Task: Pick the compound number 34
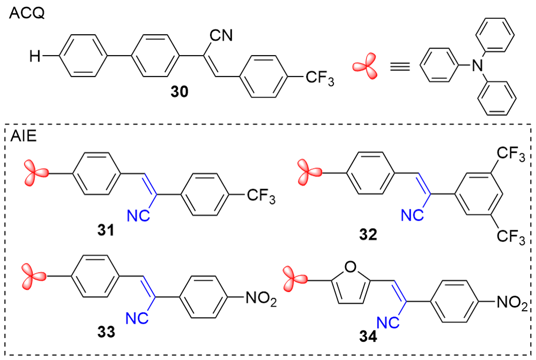[370, 337]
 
